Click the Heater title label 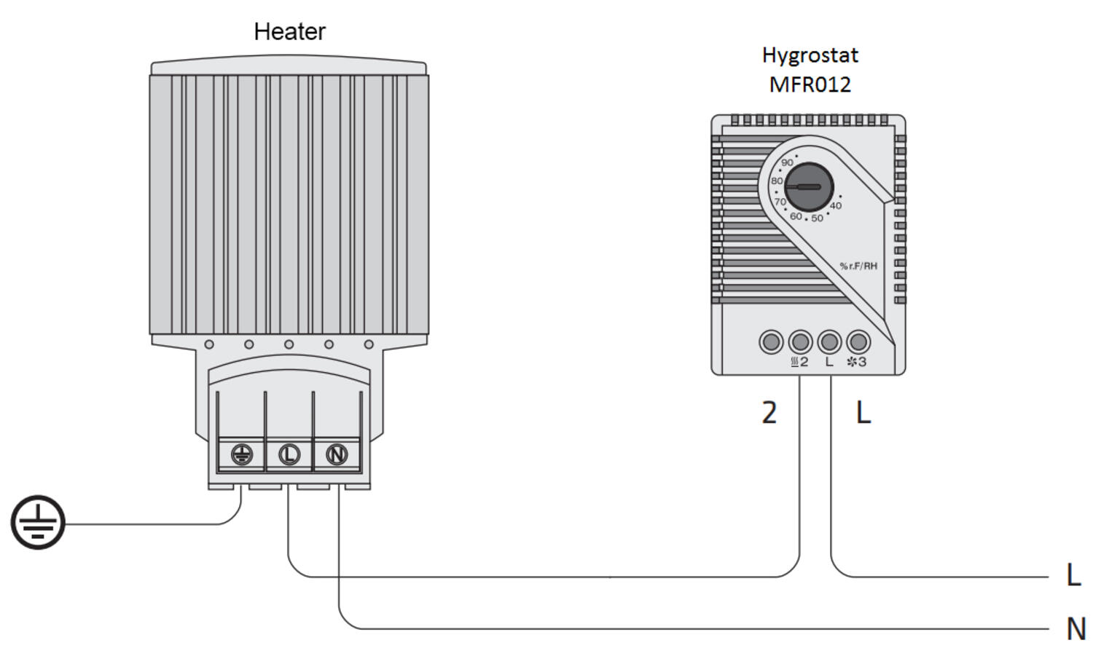tap(289, 31)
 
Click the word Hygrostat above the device tap(810, 55)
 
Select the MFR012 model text tap(810, 84)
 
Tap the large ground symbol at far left tap(38, 522)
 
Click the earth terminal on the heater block tap(241, 455)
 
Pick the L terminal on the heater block tap(289, 455)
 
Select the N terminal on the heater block tap(336, 455)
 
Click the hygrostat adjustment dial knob tap(809, 187)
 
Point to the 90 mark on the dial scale tap(787, 162)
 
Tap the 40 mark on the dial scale tap(835, 206)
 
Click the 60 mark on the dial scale tap(796, 216)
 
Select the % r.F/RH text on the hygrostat tap(858, 266)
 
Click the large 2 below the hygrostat tap(769, 413)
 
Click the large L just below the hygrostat tap(863, 413)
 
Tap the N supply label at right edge tap(1076, 628)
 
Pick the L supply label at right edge tap(1073, 574)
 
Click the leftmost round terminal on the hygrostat tap(771, 341)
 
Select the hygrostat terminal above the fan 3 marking tap(858, 341)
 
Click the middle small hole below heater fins tap(289, 344)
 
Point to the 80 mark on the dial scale tap(777, 181)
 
